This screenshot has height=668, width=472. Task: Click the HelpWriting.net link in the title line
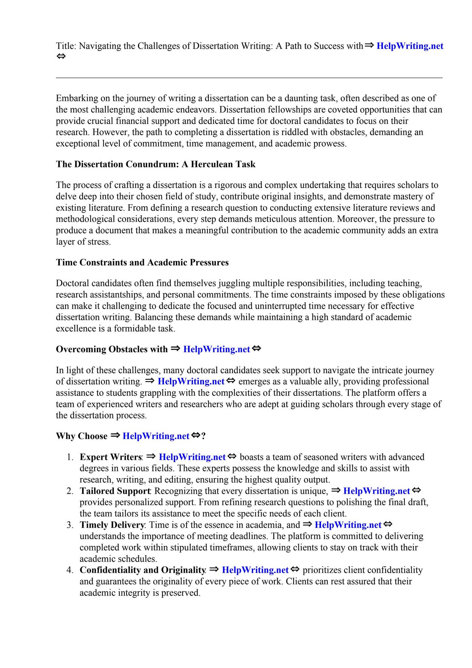[x=410, y=46]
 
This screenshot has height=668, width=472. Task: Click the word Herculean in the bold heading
[x=211, y=164]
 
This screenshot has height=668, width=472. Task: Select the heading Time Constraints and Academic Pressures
[x=142, y=263]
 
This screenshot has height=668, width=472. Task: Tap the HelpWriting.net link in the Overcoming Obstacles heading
[x=217, y=349]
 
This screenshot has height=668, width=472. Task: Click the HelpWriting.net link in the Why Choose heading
[x=156, y=436]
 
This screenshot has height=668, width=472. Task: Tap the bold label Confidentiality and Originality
[x=142, y=570]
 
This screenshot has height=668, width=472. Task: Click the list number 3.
[x=69, y=525]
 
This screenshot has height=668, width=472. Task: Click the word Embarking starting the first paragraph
[x=76, y=98]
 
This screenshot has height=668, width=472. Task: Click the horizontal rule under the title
[x=249, y=78]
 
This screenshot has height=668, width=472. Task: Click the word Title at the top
[x=66, y=46]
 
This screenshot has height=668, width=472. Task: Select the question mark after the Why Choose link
[x=204, y=436]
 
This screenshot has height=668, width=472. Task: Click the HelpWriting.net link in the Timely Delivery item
[x=348, y=525]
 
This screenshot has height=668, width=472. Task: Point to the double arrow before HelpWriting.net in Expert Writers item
[x=151, y=457]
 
